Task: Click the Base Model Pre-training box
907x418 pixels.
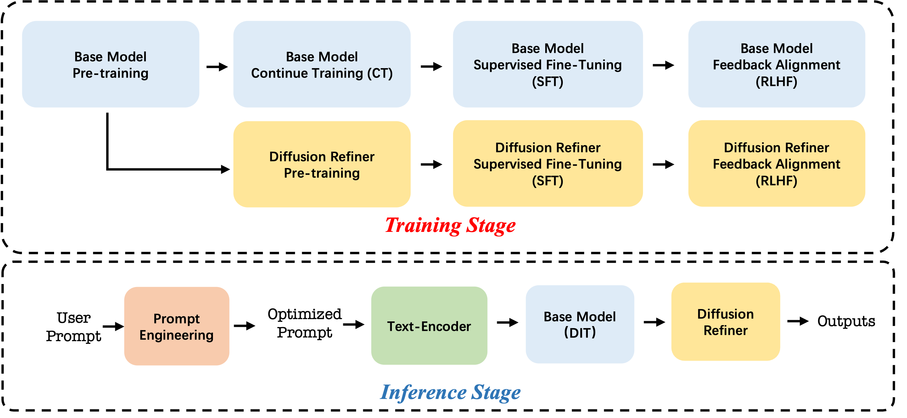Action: coord(110,64)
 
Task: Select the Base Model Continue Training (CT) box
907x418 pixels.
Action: coord(322,64)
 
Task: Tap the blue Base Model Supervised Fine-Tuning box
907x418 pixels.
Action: coord(548,64)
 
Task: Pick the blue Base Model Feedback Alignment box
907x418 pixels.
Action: coord(777,64)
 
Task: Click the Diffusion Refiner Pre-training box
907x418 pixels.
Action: coord(322,164)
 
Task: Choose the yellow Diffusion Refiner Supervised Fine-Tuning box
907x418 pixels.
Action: coord(548,163)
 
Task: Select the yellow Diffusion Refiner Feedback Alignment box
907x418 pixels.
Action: coord(777,163)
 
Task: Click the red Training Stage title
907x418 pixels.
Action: coord(450,226)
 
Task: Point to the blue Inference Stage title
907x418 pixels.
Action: coord(450,392)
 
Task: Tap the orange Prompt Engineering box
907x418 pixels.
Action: coord(177,326)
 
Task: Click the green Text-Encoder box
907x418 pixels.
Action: coord(429,326)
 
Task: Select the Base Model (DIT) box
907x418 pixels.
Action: coord(580,324)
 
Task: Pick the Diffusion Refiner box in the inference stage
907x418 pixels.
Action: coord(726,321)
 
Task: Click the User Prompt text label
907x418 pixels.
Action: coord(73,327)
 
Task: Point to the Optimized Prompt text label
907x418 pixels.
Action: coord(304,323)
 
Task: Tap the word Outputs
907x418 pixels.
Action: coord(846,321)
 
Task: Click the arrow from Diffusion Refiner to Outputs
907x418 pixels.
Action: coord(798,321)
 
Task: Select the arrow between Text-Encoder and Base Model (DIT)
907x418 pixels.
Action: coord(507,322)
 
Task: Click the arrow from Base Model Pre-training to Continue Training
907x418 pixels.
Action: coord(217,66)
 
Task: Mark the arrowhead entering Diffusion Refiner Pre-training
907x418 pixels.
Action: coord(225,169)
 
